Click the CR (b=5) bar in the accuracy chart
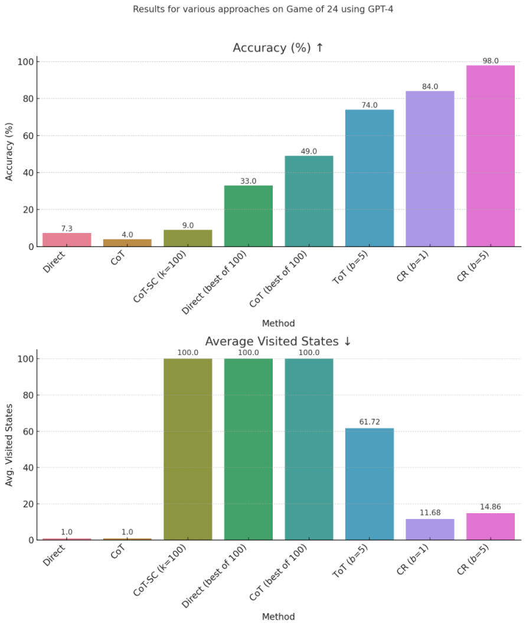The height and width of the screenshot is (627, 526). pyautogui.click(x=490, y=156)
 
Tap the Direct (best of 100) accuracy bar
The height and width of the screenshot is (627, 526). pyautogui.click(x=248, y=216)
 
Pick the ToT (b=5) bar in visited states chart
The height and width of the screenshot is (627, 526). pyautogui.click(x=369, y=484)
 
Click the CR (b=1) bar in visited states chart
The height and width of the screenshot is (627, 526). pyautogui.click(x=430, y=529)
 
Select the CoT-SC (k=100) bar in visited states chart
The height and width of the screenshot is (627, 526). pyautogui.click(x=188, y=449)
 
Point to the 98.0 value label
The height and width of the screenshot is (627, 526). pyautogui.click(x=491, y=61)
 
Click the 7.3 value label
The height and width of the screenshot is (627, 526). pyautogui.click(x=67, y=228)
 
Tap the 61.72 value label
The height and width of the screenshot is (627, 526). pyautogui.click(x=370, y=422)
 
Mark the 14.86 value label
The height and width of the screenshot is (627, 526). pyautogui.click(x=491, y=507)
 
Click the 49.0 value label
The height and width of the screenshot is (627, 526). pyautogui.click(x=309, y=151)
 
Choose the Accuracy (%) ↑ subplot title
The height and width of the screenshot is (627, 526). pyautogui.click(x=278, y=48)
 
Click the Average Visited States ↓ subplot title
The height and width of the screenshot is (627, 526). pyautogui.click(x=278, y=342)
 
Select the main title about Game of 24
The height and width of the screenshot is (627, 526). pyautogui.click(x=263, y=9)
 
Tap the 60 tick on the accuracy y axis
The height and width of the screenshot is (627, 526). pyautogui.click(x=27, y=136)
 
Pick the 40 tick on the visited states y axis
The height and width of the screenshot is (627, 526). pyautogui.click(x=27, y=468)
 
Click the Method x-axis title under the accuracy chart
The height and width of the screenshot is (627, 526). pyautogui.click(x=278, y=323)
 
